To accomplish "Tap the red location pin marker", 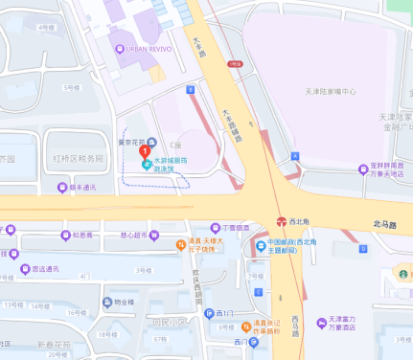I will click(x=145, y=150).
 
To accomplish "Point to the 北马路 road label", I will click(x=384, y=224).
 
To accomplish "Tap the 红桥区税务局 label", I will click(x=78, y=159).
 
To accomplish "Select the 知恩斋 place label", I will click(x=82, y=235).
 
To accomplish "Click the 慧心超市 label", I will click(x=140, y=235).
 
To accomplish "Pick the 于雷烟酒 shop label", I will click(x=235, y=228).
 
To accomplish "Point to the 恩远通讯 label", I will click(x=45, y=269).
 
